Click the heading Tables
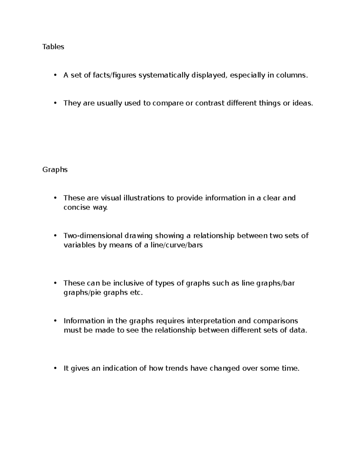pos(53,47)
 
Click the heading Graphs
pos(55,170)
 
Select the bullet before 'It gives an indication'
pos(55,368)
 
